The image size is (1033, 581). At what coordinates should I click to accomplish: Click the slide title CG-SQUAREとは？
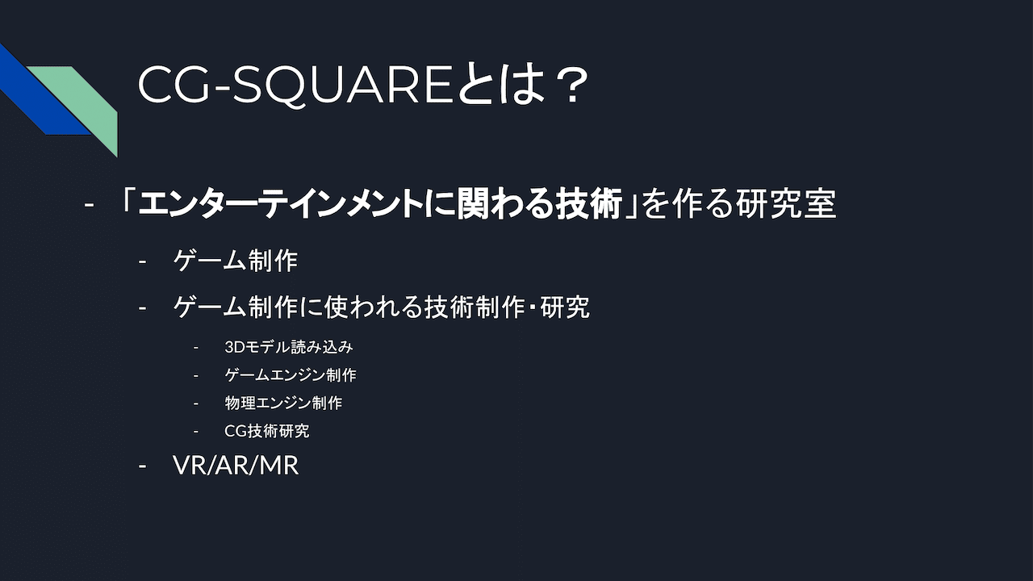pyautogui.click(x=363, y=86)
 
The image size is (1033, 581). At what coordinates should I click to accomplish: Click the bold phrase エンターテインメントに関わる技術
pyautogui.click(x=380, y=203)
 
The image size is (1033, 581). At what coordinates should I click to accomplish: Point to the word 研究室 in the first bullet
pyautogui.click(x=786, y=203)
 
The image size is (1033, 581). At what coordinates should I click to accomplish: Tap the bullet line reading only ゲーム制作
pyautogui.click(x=236, y=261)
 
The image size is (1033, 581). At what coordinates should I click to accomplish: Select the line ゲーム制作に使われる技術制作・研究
pyautogui.click(x=382, y=307)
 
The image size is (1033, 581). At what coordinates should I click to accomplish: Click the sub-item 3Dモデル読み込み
pyautogui.click(x=289, y=347)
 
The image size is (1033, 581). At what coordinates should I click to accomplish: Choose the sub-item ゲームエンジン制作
pyautogui.click(x=291, y=375)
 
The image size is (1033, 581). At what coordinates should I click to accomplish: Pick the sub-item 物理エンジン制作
pyautogui.click(x=283, y=403)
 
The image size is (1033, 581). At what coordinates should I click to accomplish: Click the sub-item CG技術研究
pyautogui.click(x=266, y=431)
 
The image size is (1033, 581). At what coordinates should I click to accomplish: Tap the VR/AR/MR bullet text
pyautogui.click(x=236, y=465)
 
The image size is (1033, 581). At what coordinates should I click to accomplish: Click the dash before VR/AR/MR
pyautogui.click(x=143, y=466)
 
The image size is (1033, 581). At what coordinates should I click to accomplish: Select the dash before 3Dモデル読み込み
pyautogui.click(x=196, y=347)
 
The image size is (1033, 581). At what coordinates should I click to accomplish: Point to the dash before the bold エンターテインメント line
pyautogui.click(x=89, y=204)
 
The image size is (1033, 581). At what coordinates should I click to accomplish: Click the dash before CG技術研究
pyautogui.click(x=196, y=432)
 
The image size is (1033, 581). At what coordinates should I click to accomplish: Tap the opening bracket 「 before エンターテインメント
pyautogui.click(x=128, y=203)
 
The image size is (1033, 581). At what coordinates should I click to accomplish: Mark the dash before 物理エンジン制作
pyautogui.click(x=196, y=403)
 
